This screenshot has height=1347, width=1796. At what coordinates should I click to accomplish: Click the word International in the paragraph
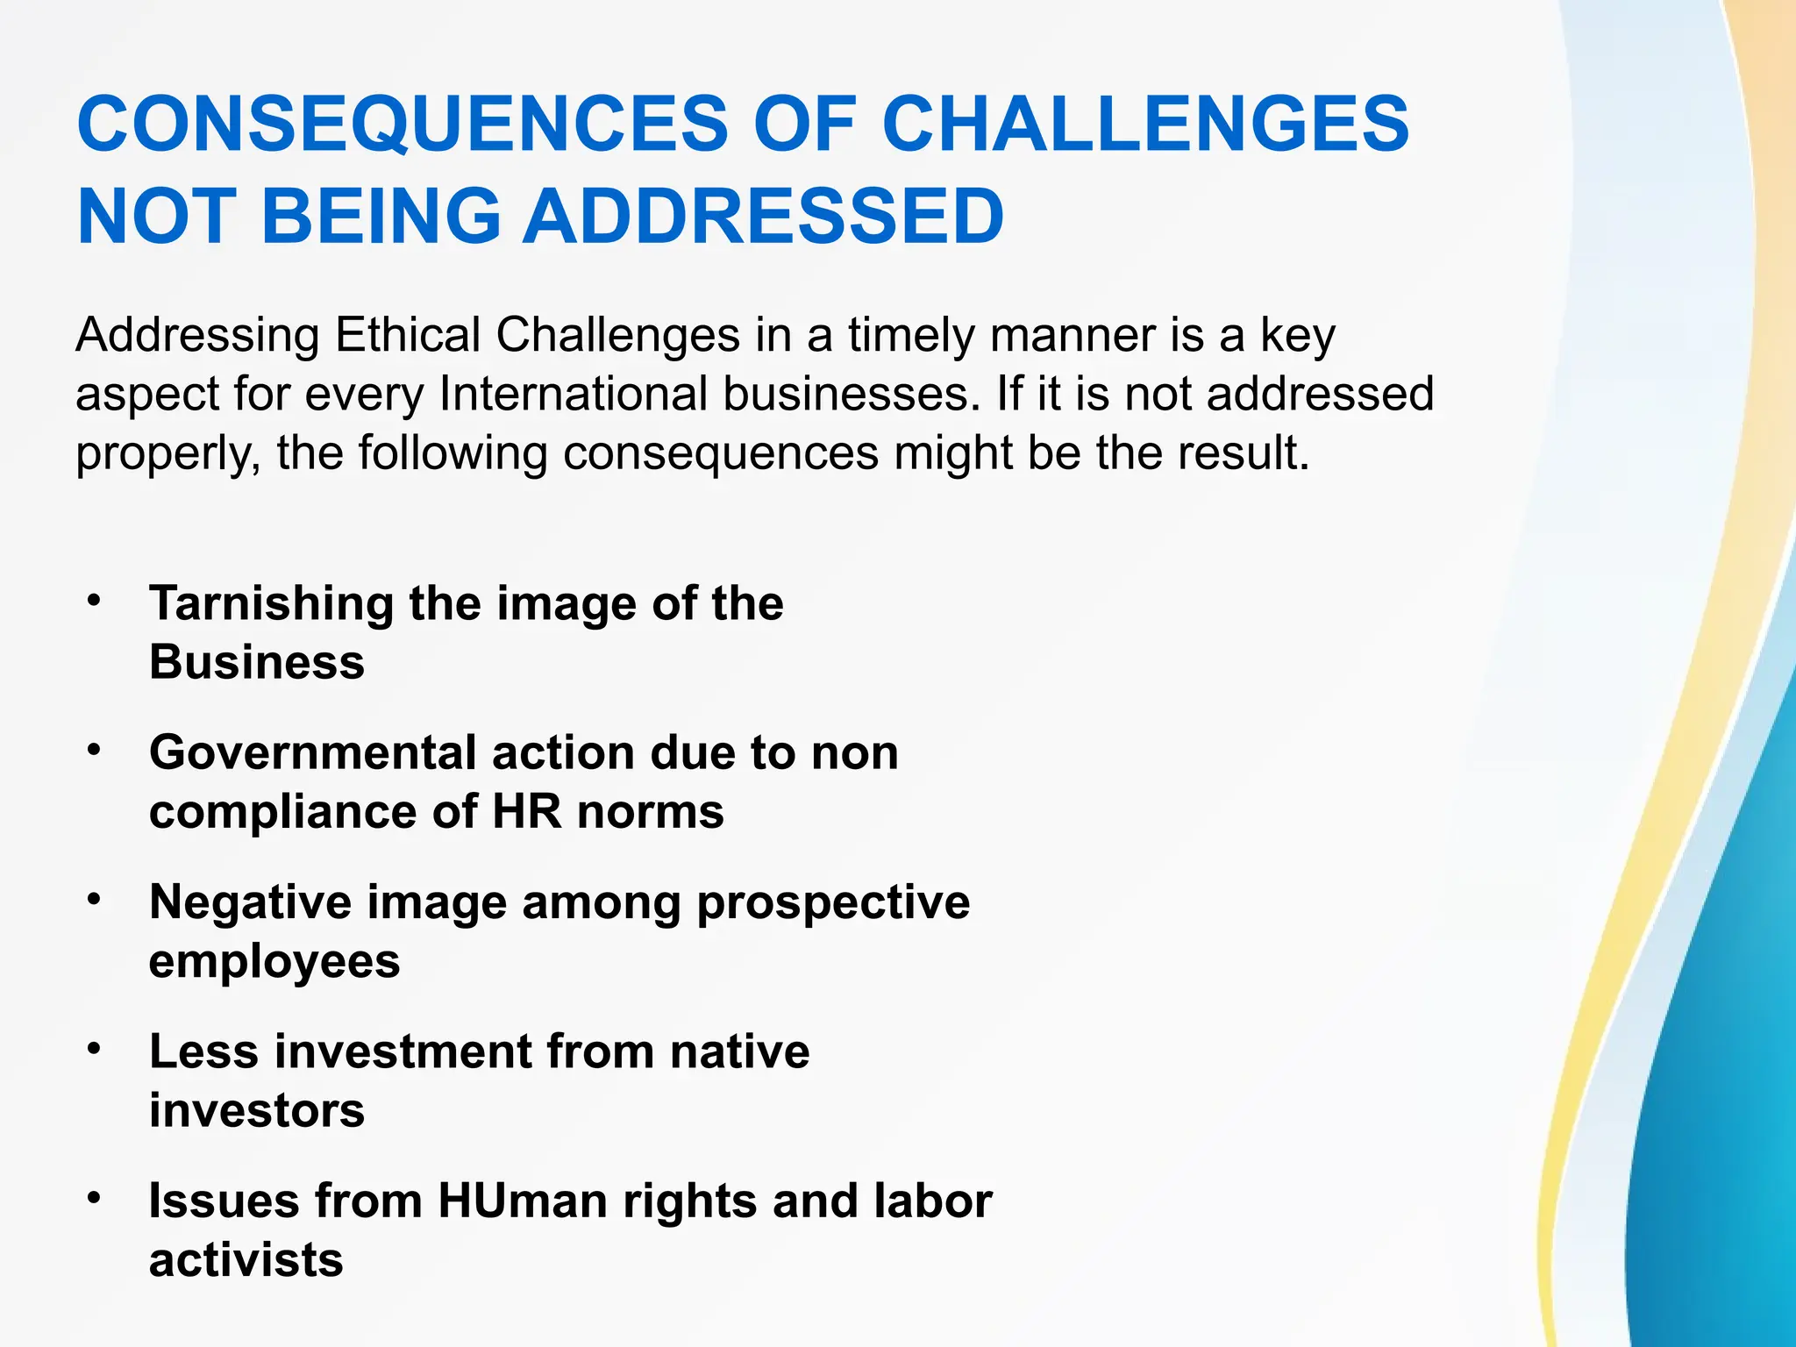573,394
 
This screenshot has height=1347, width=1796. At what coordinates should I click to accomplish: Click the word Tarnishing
272,604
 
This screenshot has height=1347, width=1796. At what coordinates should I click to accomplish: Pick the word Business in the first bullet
257,662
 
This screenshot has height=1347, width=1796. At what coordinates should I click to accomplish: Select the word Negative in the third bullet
251,902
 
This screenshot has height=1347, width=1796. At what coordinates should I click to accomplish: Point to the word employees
274,962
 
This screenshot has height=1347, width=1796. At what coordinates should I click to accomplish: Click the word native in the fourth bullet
739,1051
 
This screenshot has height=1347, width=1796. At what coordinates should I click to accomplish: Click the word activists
246,1260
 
